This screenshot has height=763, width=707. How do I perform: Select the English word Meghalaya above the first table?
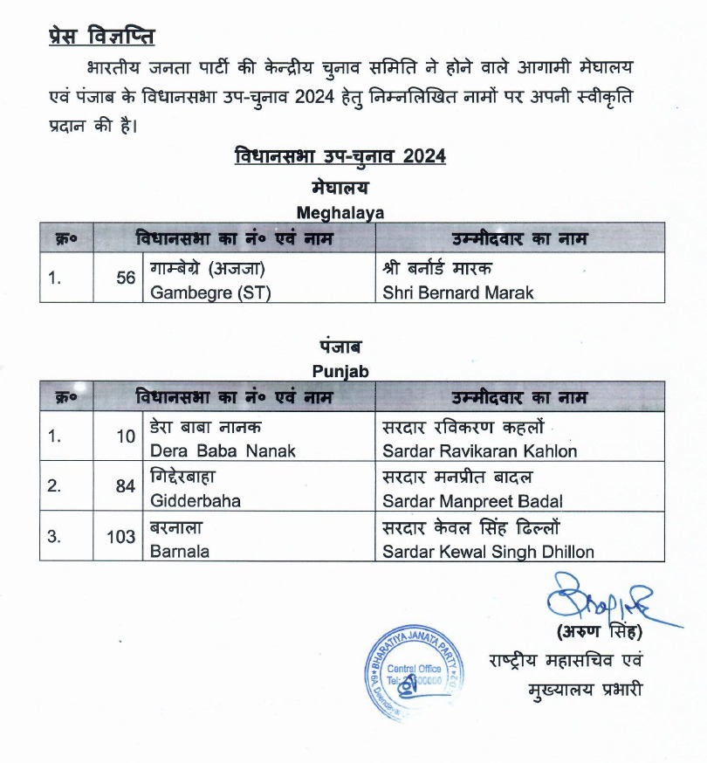coord(340,211)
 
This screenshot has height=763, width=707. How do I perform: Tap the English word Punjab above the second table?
coord(340,371)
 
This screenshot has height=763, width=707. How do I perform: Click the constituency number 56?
coord(126,278)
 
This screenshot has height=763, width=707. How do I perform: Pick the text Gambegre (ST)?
coord(210,293)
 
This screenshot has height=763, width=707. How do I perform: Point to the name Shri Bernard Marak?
coord(457,293)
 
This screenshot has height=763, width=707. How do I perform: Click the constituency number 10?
coord(126,436)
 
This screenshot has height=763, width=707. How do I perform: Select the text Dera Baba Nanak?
coord(223,451)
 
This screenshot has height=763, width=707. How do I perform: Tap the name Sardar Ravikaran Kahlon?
coord(479,451)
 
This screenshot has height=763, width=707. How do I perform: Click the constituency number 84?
coord(126,486)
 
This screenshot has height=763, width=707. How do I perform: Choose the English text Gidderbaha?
coord(196,502)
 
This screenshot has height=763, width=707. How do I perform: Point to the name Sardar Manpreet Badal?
coord(472,502)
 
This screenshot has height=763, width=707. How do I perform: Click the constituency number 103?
coord(121,537)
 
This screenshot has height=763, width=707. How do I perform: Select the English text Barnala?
coord(180,553)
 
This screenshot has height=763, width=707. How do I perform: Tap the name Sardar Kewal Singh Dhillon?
coord(488,553)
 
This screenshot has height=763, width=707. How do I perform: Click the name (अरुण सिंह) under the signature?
coord(599,630)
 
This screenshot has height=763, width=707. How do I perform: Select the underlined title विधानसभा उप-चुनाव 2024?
coord(340,157)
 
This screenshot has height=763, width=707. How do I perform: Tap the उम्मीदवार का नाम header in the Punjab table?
coord(519,397)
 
